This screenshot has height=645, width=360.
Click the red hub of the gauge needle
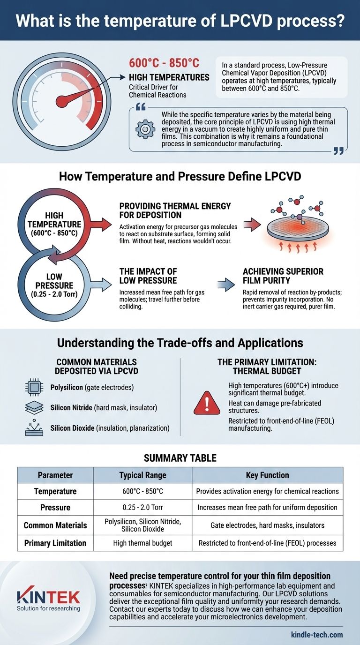(x=60, y=101)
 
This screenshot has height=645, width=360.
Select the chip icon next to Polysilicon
(x=34, y=388)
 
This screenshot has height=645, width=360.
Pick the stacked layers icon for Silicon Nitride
(x=34, y=408)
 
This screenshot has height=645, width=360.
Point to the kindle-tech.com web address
(x=316, y=635)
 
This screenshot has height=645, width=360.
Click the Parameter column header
(x=55, y=475)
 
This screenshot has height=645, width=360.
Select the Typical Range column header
(x=142, y=475)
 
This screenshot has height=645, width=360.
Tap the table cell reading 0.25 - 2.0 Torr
(x=142, y=507)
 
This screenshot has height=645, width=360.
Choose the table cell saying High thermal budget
(x=142, y=543)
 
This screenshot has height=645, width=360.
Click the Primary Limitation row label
(x=55, y=543)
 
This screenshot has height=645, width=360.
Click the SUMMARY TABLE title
(x=180, y=457)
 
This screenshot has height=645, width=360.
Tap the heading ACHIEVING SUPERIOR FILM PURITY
(x=283, y=277)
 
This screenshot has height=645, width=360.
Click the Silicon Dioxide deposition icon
(x=34, y=427)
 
